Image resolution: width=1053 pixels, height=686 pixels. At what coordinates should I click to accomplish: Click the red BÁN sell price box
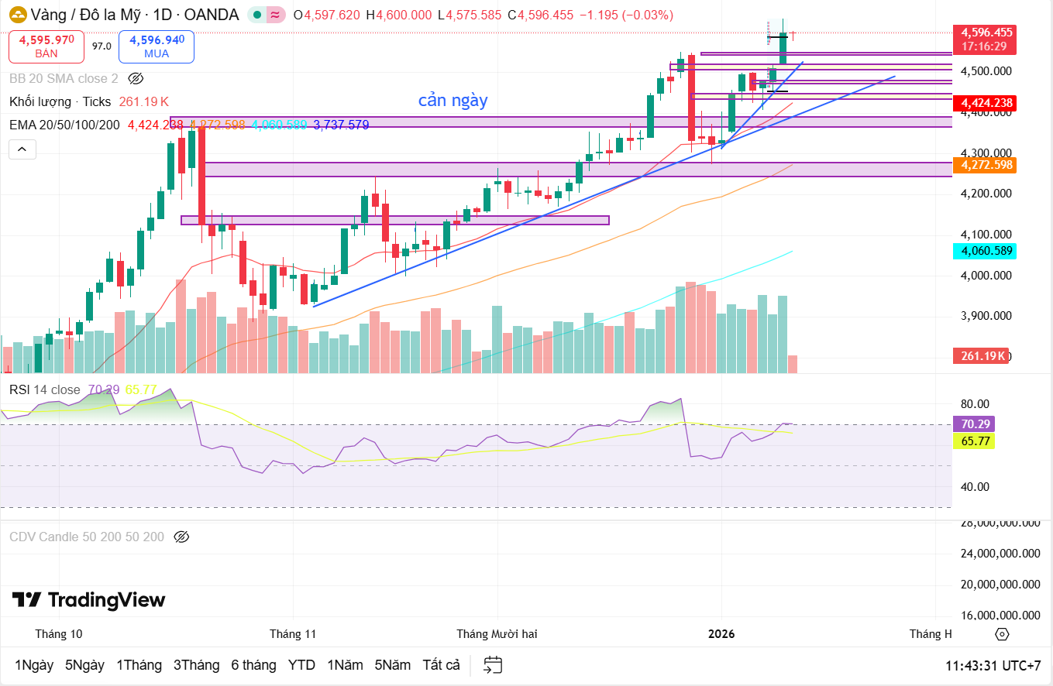click(46, 46)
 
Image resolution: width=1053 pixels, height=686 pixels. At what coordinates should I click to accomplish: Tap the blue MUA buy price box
click(157, 46)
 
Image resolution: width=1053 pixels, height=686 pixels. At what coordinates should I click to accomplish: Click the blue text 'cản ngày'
click(453, 101)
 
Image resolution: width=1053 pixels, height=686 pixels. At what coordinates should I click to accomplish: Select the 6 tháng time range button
click(253, 665)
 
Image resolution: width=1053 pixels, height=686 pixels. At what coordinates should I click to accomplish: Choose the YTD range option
click(301, 665)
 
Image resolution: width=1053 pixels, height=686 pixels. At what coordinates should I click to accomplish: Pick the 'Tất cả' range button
click(441, 665)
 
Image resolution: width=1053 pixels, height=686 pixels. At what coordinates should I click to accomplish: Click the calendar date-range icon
click(493, 665)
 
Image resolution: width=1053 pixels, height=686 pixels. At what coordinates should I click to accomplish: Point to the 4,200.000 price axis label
click(986, 194)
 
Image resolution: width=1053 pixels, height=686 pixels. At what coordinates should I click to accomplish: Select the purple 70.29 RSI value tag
click(972, 424)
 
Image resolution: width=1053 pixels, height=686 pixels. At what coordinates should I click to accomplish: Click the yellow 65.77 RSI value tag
click(972, 441)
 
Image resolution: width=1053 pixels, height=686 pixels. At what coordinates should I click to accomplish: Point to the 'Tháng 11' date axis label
click(293, 634)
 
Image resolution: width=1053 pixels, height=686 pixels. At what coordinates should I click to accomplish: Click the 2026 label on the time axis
click(721, 634)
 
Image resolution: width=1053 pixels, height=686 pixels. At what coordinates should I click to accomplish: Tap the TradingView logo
click(88, 600)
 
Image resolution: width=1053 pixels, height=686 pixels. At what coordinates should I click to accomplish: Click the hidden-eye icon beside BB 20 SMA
click(136, 78)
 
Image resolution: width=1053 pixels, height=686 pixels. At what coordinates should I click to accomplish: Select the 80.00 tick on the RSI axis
click(975, 404)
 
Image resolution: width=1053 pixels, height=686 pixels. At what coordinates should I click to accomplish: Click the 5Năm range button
click(393, 665)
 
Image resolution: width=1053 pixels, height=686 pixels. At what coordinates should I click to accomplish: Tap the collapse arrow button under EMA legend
click(22, 149)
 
